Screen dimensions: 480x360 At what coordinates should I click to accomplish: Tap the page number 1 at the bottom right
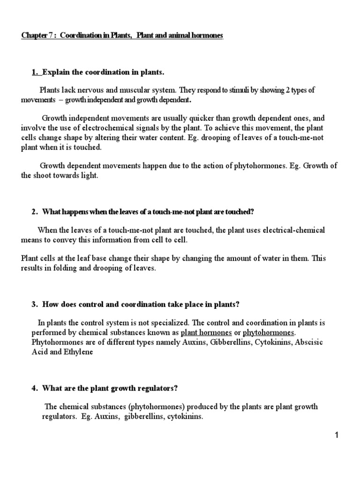[x=336, y=435]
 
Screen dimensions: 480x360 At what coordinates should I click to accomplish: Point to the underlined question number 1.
[x=34, y=72]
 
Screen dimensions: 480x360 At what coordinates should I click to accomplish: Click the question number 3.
[x=34, y=304]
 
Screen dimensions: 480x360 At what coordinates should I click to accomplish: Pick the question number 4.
[x=34, y=388]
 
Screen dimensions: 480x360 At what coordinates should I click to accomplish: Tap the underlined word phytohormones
[x=268, y=332]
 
